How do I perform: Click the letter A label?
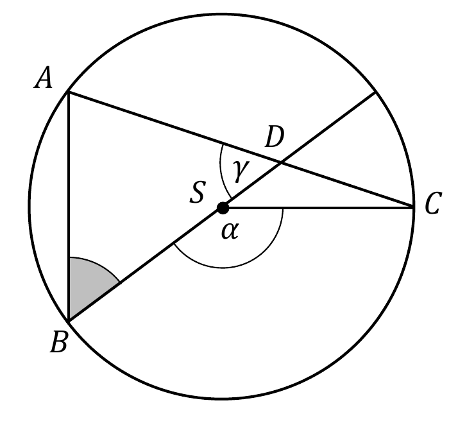tap(44, 78)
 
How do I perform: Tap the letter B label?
tap(59, 342)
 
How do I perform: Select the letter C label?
tap(432, 203)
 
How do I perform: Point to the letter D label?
tap(274, 137)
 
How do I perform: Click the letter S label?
tap(198, 192)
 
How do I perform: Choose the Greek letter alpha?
tap(230, 231)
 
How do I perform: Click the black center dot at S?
tap(223, 208)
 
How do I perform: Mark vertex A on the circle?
tap(69, 92)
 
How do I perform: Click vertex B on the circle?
tap(69, 322)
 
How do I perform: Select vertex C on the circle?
tap(414, 207)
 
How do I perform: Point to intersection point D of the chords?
tap(281, 162)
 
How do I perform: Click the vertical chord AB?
tap(69, 207)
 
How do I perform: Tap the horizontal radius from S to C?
tap(318, 208)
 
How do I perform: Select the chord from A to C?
tap(241, 150)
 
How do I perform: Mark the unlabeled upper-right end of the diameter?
tap(375, 92)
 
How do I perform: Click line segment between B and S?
tap(146, 264)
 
